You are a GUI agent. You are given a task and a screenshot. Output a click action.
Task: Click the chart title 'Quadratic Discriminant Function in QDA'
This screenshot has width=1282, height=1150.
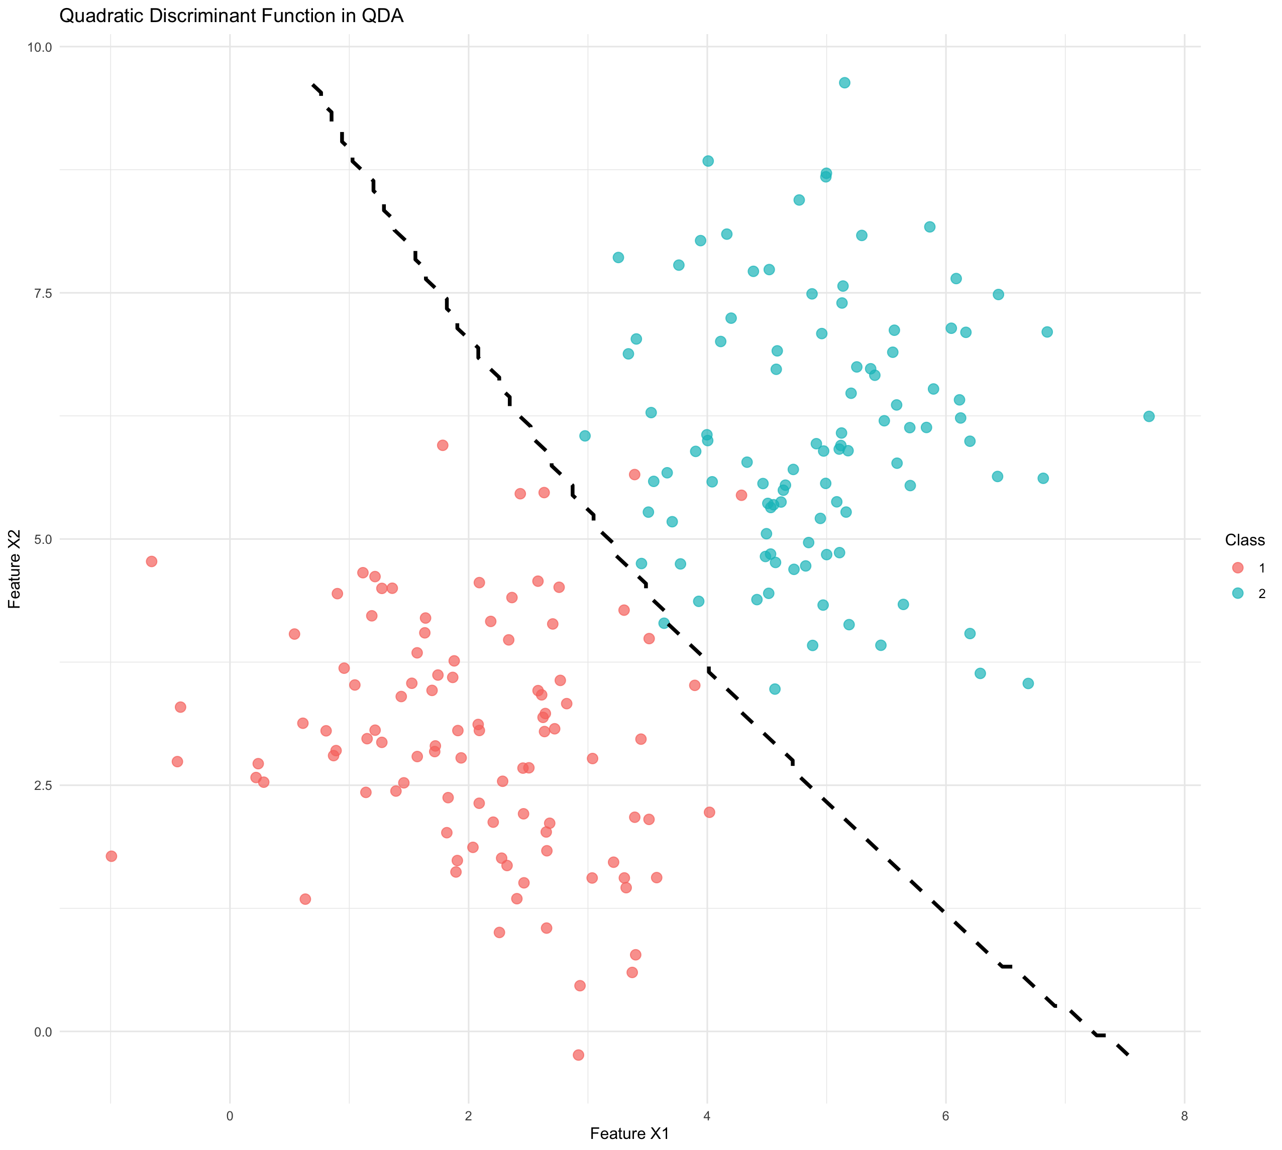click(232, 16)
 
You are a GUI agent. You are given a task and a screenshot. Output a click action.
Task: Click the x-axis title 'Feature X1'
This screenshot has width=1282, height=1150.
click(629, 1133)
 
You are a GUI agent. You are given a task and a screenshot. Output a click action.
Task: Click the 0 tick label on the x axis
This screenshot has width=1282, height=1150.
click(230, 1116)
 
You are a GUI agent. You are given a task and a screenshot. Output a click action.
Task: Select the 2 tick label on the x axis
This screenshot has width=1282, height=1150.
click(468, 1116)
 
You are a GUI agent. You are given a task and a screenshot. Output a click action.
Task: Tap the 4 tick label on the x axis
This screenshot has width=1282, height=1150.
click(707, 1116)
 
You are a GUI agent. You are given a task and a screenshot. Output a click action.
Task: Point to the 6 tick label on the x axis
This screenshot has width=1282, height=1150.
click(946, 1116)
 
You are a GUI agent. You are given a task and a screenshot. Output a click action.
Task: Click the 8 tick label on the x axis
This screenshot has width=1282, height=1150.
click(1184, 1116)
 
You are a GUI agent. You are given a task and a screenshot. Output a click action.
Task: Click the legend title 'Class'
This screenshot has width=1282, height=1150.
click(1244, 540)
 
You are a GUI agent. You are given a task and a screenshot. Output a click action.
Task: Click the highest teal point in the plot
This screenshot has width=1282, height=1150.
click(844, 83)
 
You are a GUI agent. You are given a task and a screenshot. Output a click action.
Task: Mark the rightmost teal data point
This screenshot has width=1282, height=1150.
click(1148, 416)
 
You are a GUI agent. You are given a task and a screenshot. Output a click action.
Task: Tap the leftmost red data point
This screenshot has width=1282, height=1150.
click(111, 856)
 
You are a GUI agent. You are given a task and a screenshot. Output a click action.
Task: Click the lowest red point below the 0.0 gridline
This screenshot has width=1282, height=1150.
click(578, 1055)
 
